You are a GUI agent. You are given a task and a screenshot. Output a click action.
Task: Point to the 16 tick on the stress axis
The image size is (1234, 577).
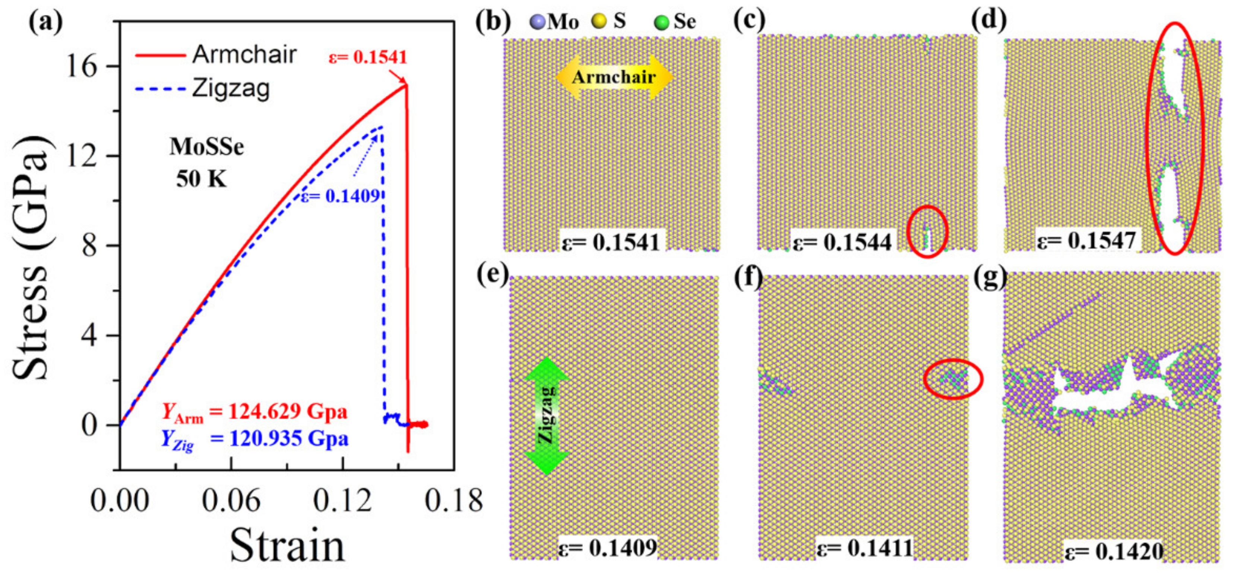[82, 66]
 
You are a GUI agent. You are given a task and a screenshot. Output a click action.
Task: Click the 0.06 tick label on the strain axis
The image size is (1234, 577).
[231, 501]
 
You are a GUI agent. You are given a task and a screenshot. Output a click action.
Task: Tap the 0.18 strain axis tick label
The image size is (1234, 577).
[453, 501]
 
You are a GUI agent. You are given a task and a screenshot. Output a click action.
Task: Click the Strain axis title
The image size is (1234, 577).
[287, 546]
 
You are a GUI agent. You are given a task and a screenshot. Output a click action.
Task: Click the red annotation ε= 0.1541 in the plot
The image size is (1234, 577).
[367, 57]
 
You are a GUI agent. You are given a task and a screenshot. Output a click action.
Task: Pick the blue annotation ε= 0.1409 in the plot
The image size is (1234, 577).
[341, 196]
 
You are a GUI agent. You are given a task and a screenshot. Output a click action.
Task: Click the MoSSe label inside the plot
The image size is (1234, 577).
[206, 146]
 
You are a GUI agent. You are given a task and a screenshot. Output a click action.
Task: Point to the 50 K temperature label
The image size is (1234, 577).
[201, 179]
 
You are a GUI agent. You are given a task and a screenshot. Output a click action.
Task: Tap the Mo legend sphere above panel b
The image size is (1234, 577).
[538, 22]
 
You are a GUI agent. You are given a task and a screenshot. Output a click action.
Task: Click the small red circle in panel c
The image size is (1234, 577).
[927, 231]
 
